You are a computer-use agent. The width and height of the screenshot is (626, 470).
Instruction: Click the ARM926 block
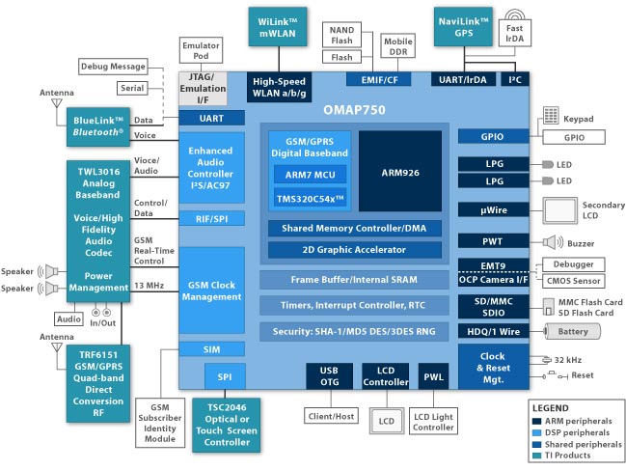[x=400, y=171]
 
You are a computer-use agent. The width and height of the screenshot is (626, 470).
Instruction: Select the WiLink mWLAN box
[x=278, y=27]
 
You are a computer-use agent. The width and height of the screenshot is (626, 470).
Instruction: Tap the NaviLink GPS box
[x=463, y=27]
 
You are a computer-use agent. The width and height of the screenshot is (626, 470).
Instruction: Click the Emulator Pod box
[x=201, y=50]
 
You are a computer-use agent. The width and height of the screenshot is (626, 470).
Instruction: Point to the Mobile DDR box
[x=398, y=46]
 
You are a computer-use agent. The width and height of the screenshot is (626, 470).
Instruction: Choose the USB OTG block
[x=329, y=376]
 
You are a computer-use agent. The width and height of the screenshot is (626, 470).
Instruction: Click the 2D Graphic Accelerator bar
[x=355, y=250]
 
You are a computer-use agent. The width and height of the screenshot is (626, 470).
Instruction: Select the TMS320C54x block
[x=311, y=199]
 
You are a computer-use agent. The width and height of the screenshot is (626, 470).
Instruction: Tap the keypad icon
[x=551, y=115]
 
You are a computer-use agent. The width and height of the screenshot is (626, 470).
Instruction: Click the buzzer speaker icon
[x=553, y=242]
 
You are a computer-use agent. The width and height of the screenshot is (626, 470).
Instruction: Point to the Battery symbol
[x=572, y=331]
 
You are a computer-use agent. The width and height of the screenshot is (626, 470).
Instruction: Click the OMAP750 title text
[x=355, y=110]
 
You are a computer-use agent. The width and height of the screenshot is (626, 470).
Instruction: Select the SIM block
[x=211, y=349]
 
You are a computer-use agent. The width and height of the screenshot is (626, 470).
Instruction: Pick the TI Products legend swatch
[x=537, y=456]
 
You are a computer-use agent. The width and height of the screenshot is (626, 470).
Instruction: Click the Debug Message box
[x=113, y=67]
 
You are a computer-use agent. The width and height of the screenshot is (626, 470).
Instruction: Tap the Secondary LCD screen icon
[x=559, y=210]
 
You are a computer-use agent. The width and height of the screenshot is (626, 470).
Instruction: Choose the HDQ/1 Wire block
[x=494, y=331]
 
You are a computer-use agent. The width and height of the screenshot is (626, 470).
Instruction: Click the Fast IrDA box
[x=515, y=33]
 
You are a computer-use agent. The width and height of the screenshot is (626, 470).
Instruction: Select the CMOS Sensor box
[x=573, y=281]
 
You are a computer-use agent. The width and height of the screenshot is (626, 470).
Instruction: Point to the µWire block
[x=494, y=210]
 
